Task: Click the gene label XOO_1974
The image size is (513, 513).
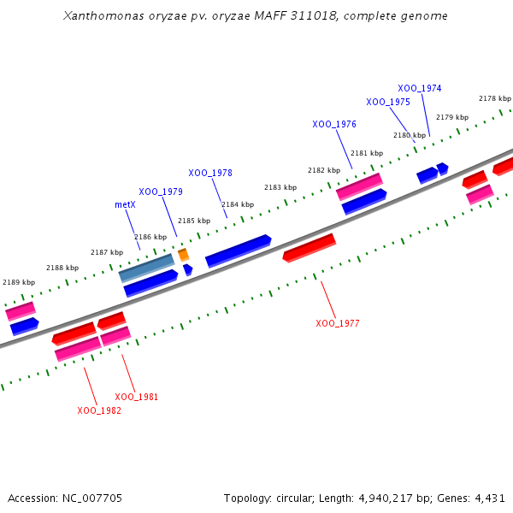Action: tap(420, 88)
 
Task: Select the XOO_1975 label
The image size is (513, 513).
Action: tap(388, 102)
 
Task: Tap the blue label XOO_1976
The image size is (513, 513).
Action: tap(334, 124)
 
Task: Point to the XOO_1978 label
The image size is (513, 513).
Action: tap(210, 173)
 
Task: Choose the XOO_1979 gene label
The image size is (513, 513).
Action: tap(161, 192)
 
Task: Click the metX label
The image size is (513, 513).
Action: tap(125, 205)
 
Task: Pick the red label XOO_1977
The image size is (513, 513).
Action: tap(338, 323)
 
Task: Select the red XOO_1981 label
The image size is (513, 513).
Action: tap(137, 397)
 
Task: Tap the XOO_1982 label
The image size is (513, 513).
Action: tap(99, 410)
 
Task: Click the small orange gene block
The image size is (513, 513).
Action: tap(183, 255)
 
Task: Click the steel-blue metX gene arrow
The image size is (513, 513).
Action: tap(146, 268)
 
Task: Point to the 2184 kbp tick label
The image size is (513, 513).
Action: tap(238, 204)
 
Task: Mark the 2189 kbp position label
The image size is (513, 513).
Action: tap(19, 282)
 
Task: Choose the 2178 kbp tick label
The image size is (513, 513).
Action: tap(494, 98)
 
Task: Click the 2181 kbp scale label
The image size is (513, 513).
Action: tap(367, 153)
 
